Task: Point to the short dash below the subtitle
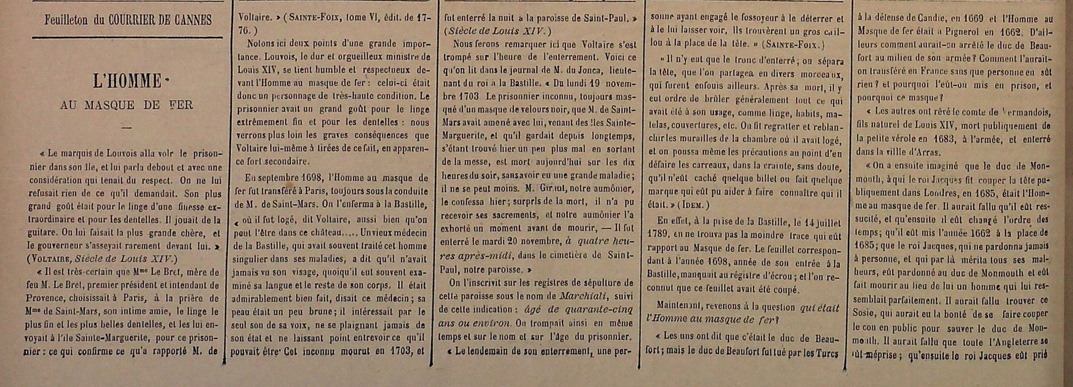click(x=127, y=128)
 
